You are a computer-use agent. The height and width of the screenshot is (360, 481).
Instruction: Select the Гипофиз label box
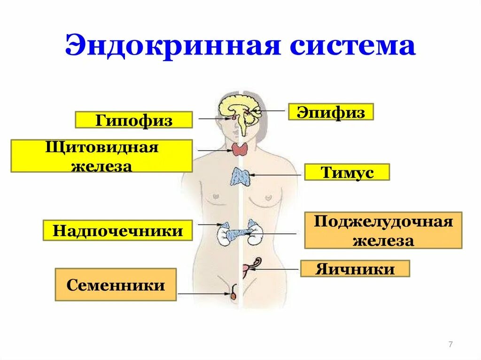point(134,120)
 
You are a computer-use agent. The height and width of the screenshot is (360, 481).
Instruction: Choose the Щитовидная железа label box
point(101,156)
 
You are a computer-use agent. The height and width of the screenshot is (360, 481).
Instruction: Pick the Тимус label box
point(347,172)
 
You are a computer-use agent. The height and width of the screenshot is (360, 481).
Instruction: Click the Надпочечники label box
point(118,231)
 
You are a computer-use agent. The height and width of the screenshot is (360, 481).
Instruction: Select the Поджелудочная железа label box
point(383,230)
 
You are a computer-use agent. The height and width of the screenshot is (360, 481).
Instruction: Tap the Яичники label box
point(355,269)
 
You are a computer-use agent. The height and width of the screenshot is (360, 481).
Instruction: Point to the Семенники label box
point(116,285)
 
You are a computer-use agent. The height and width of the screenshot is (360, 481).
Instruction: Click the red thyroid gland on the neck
point(240,150)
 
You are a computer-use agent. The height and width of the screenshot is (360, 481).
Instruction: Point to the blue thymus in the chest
point(240,177)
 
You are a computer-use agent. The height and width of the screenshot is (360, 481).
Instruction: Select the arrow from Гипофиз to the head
point(214,119)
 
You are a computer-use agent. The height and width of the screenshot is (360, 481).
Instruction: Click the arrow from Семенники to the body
point(204,294)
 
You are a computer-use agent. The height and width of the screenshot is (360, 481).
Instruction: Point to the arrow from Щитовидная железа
point(214,151)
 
